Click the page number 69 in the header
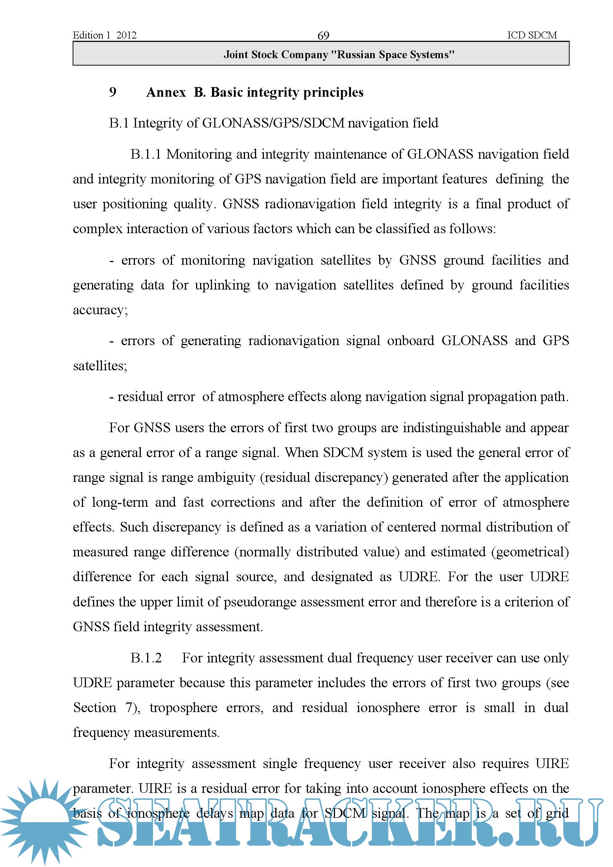[x=323, y=36]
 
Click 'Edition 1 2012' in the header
[x=105, y=35]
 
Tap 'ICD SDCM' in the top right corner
[x=531, y=35]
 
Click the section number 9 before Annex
[x=113, y=92]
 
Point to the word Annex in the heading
[x=166, y=92]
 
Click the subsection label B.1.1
[x=146, y=154]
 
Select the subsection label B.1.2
[x=146, y=658]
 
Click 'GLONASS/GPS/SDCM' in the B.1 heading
[x=273, y=123]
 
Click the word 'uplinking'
[x=222, y=285]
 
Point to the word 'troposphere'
[x=183, y=708]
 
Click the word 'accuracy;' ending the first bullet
[x=100, y=310]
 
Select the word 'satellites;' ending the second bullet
[x=100, y=365]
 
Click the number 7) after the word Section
[x=132, y=708]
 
